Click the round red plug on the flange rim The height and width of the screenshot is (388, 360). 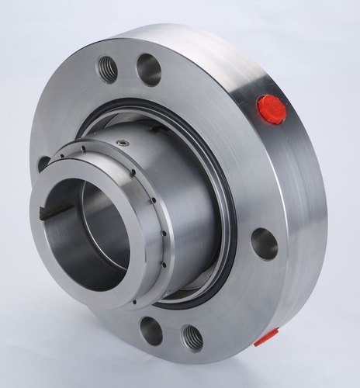(271, 109)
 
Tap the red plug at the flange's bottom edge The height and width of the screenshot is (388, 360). (266, 337)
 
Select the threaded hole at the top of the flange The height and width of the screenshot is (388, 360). (108, 70)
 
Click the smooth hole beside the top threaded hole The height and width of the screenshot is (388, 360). (148, 69)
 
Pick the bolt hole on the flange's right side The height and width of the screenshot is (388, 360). (264, 244)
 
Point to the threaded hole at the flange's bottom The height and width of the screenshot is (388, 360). (191, 338)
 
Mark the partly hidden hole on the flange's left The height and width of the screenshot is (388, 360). (43, 164)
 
